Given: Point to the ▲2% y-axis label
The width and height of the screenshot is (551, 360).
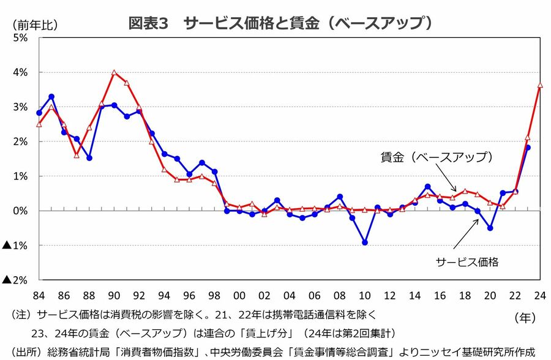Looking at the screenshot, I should coord(15,280).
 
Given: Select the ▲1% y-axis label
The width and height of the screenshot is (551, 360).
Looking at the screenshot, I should coord(15,246).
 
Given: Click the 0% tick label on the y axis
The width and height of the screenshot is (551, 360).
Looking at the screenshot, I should coord(20,211).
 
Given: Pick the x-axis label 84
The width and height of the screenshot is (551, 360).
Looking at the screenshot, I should coord(39,294).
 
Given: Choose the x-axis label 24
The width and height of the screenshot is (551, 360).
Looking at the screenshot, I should coord(540,294).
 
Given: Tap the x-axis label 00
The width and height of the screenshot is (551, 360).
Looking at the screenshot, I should coord(239,294).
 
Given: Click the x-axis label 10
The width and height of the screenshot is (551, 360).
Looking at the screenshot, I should coord(365,294).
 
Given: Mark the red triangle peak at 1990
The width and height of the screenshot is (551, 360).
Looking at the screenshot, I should coord(114,72).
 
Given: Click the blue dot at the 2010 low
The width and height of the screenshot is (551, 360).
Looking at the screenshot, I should coord(365,242).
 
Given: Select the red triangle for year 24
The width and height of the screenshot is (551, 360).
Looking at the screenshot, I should coord(540,85).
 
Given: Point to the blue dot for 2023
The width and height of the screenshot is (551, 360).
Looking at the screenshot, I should coord(528,148).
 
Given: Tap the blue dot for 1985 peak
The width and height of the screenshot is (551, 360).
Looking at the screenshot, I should coord(51,97).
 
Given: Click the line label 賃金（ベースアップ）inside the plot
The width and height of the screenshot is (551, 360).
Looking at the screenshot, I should coord(437,157).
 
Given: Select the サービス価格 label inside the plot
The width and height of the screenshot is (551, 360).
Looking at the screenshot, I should coord(467,261).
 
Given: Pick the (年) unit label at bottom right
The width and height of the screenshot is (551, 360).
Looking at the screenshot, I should coord(525,317).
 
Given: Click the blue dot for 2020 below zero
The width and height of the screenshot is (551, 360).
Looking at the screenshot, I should coord(490,228).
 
